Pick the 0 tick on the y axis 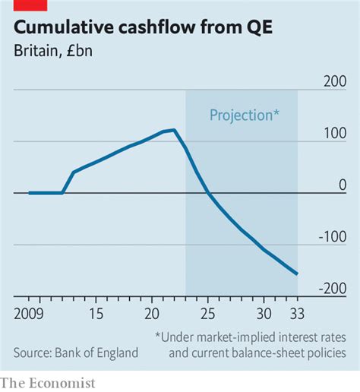[343, 185]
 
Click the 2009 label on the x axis [30, 312]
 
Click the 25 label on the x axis [207, 312]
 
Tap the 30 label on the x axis [264, 312]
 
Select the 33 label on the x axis [297, 312]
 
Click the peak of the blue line [175, 130]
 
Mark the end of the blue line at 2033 [297, 273]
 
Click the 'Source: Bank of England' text [76, 352]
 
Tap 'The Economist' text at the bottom [49, 383]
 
